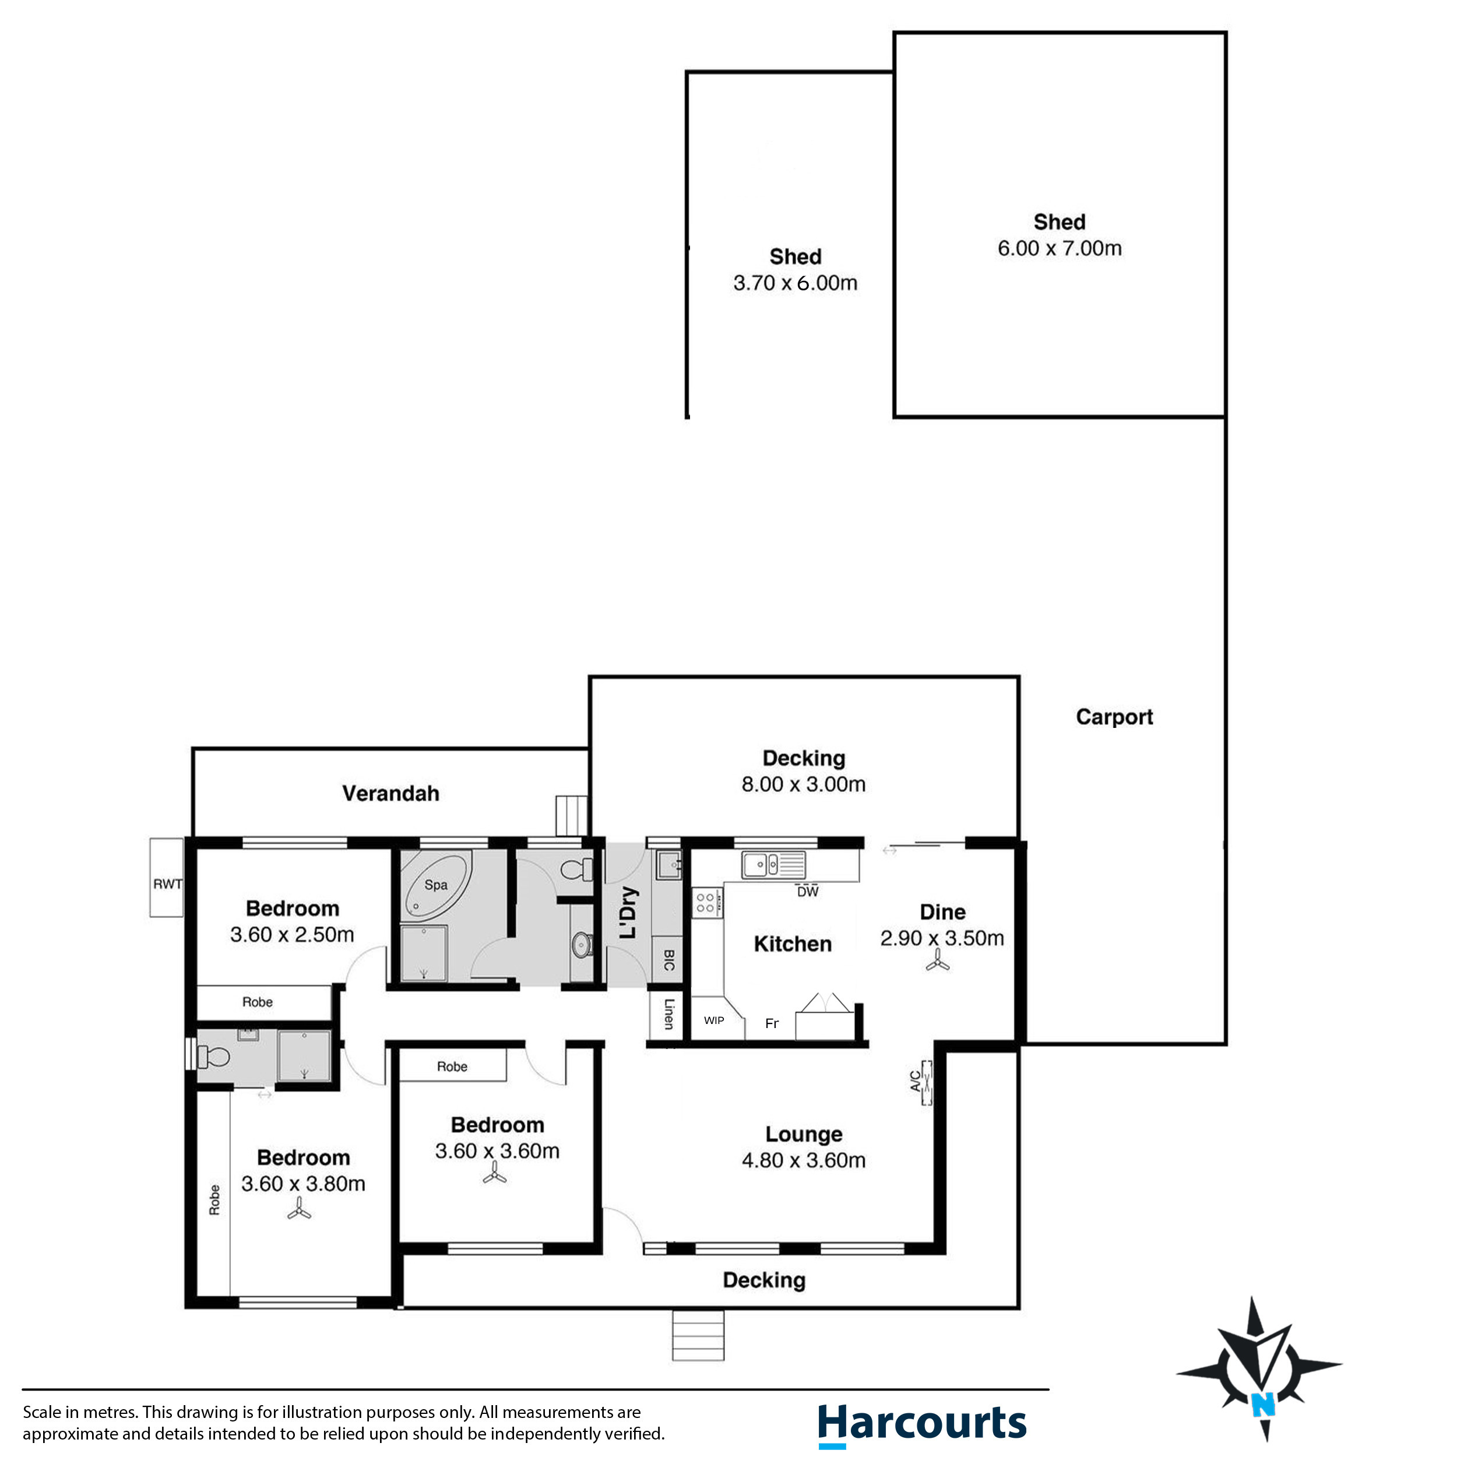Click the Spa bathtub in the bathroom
coord(436,885)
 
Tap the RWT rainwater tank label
coord(167,884)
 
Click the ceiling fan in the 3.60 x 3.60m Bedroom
coord(495,1173)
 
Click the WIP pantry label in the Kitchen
coord(713,1020)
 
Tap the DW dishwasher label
coord(807,892)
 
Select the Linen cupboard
coord(668,1014)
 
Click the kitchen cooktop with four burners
coord(706,903)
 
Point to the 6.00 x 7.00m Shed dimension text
coord(1059,248)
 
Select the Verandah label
coord(390,793)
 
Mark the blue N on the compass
coord(1262,1404)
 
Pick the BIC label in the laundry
coord(668,959)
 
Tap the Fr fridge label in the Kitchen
coord(772,1023)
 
